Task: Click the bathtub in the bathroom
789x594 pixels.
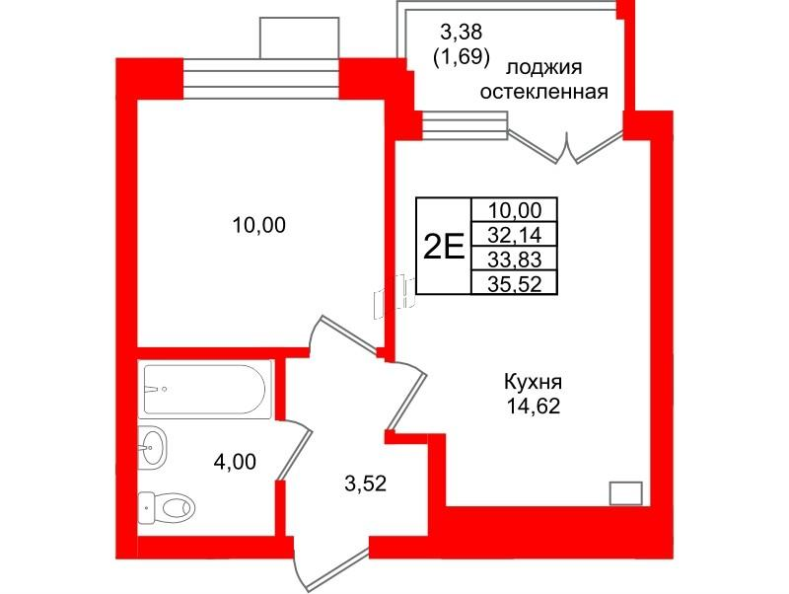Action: pos(206,389)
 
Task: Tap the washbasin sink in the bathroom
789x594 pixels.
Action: pos(153,450)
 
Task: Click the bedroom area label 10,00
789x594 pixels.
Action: pos(258,226)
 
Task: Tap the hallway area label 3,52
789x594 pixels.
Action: pos(364,483)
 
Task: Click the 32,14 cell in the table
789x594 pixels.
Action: pos(516,234)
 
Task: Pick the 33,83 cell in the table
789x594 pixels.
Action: pos(516,259)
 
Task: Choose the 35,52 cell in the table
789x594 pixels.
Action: pos(516,283)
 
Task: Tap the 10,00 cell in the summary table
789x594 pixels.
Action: pos(516,209)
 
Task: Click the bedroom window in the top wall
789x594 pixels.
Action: pos(261,79)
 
